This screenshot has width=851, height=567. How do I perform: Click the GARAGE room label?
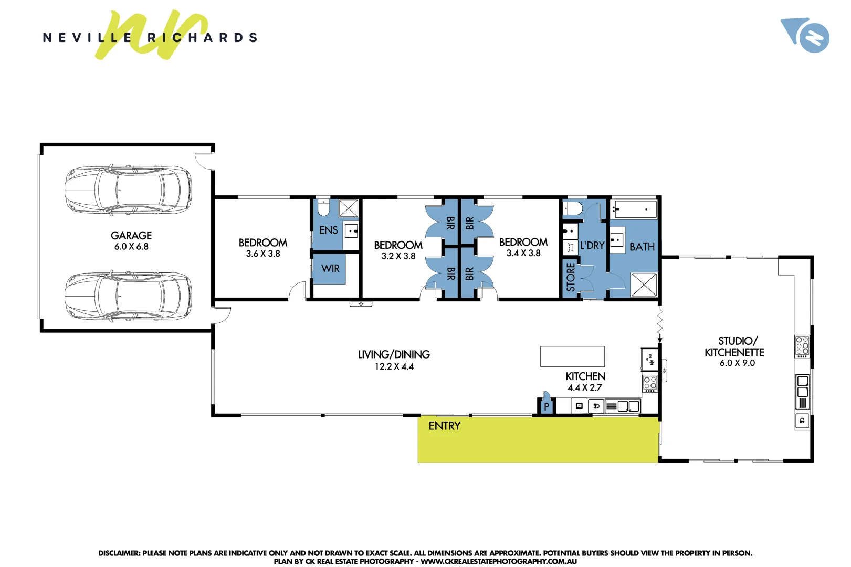click(x=131, y=236)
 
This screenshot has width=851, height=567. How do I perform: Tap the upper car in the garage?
click(x=128, y=190)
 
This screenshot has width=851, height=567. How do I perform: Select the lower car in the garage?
click(x=128, y=296)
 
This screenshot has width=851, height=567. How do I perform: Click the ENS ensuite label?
click(x=329, y=230)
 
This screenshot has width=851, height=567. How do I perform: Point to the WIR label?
click(x=330, y=268)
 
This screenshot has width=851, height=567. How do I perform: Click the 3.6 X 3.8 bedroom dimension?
click(x=263, y=254)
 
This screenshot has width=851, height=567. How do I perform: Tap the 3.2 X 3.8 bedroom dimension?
click(x=398, y=256)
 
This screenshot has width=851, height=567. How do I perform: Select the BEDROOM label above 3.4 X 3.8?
click(x=523, y=242)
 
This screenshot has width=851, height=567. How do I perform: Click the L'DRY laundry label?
click(x=592, y=245)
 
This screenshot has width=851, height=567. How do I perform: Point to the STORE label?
click(x=571, y=277)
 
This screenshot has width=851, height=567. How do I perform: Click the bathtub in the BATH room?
click(x=635, y=209)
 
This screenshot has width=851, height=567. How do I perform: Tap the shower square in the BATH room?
click(x=644, y=285)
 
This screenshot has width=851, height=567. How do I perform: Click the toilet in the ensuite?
click(x=323, y=208)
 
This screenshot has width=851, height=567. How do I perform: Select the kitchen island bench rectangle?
click(x=572, y=356)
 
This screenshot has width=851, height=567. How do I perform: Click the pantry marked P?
click(x=546, y=406)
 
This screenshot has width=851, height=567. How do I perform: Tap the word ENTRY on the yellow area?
click(x=444, y=426)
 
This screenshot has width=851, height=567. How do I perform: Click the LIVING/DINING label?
click(x=394, y=354)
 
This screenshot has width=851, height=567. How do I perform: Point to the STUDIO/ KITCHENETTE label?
click(x=734, y=346)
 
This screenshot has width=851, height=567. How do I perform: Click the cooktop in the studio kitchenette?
click(x=802, y=346)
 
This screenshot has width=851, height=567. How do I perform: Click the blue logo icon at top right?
click(x=805, y=35)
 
